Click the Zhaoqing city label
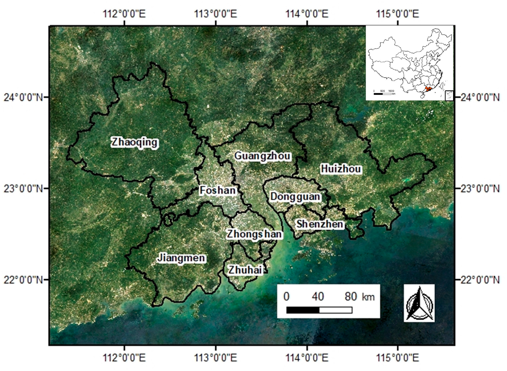(x=134, y=142)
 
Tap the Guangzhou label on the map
(x=262, y=156)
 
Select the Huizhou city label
(x=341, y=169)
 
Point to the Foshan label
(x=218, y=190)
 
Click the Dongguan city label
(x=295, y=197)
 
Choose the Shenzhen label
(x=319, y=224)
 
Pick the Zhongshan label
(x=254, y=234)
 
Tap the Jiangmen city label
(x=181, y=258)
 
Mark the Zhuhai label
(x=245, y=270)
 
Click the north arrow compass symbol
(x=419, y=303)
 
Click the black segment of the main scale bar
(x=303, y=310)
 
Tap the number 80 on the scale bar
(x=351, y=296)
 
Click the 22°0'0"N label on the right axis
(x=480, y=279)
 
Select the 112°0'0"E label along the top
(x=125, y=14)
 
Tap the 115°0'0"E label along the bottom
(x=398, y=358)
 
